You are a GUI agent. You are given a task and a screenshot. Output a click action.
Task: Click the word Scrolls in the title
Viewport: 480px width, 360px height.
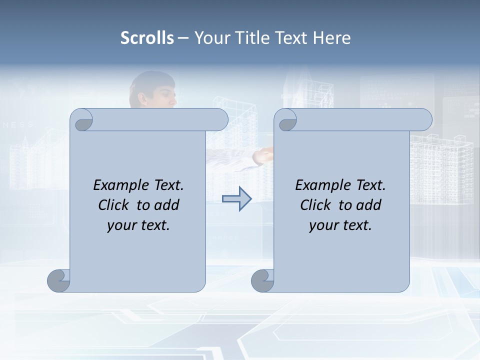[147, 38]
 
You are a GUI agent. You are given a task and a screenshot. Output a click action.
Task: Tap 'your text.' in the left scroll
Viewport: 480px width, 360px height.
[138, 225]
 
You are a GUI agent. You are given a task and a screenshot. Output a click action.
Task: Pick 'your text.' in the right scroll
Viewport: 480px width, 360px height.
[340, 225]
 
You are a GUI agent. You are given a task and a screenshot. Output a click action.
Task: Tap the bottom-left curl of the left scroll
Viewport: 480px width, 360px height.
[58, 280]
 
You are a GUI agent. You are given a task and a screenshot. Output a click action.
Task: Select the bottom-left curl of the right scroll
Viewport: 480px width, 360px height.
[262, 280]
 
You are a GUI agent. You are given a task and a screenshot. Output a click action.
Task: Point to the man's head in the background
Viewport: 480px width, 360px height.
[152, 90]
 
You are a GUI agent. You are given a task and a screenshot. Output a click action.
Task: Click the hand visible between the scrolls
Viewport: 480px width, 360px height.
[262, 157]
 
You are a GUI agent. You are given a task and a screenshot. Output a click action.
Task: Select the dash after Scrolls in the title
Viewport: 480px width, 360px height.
[183, 38]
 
